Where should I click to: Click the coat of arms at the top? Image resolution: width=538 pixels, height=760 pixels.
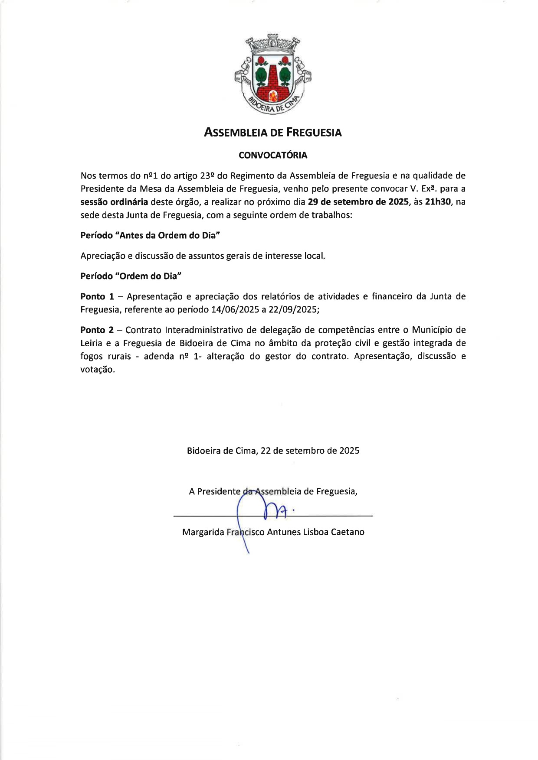tap(273, 74)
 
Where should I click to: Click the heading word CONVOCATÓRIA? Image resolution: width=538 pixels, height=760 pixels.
tap(273, 155)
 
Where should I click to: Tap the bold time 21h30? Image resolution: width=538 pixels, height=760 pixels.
tap(438, 202)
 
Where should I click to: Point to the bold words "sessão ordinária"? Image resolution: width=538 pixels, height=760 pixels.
tap(114, 202)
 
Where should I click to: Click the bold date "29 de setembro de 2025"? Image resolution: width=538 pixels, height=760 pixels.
tap(358, 202)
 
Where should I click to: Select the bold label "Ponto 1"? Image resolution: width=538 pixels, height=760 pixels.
tap(97, 297)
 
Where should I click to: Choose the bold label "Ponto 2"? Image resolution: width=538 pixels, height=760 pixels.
tap(97, 330)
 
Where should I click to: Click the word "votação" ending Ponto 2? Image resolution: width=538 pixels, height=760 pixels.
tap(98, 370)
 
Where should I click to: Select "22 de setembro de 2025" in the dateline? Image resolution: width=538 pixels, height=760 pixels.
tap(310, 451)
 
